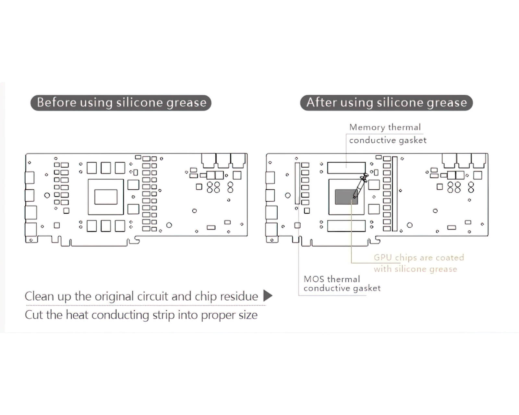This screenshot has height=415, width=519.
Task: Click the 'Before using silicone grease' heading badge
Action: (121, 103)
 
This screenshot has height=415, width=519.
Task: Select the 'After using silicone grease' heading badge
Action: (386, 103)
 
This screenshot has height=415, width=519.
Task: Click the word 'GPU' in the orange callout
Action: (383, 258)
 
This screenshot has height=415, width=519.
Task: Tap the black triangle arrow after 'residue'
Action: (267, 295)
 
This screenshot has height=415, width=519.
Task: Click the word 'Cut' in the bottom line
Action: (34, 315)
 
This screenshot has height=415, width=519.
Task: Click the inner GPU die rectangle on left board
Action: (106, 197)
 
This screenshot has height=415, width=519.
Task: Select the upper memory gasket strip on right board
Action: (346, 168)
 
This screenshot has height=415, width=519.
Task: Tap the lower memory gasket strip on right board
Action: (346, 226)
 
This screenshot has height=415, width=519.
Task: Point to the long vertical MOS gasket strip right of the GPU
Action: (395, 194)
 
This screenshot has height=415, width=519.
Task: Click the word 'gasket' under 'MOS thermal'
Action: (367, 288)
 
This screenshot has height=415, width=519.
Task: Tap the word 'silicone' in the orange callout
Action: (408, 269)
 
